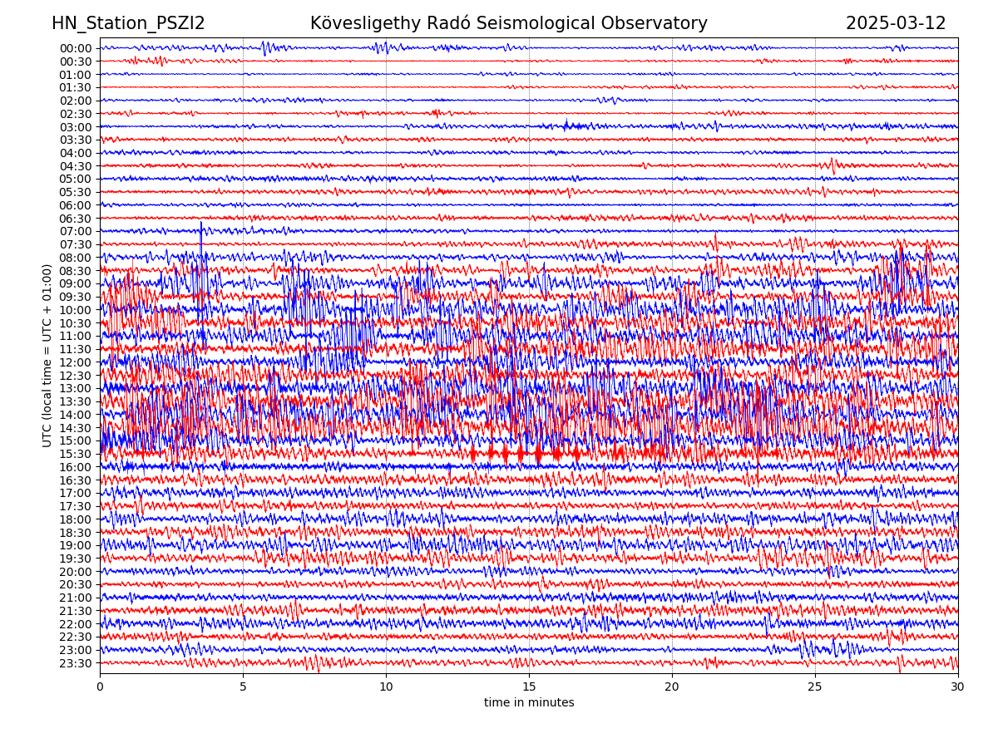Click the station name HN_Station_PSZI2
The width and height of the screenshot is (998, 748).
(x=128, y=23)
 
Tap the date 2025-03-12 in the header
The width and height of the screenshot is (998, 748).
(x=896, y=23)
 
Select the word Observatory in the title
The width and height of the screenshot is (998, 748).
(x=661, y=23)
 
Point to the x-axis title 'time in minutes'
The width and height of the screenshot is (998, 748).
(x=529, y=703)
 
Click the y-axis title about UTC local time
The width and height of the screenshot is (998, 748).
(x=47, y=356)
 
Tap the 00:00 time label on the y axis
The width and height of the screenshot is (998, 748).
(x=76, y=48)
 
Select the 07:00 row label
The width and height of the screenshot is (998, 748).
(x=76, y=231)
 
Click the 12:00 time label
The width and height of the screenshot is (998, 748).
(x=76, y=362)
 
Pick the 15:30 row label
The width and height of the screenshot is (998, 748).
(x=76, y=454)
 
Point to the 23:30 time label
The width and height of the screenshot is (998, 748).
(x=76, y=663)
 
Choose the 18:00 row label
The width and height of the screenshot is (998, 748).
(x=76, y=519)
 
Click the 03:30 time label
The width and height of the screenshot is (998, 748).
(x=76, y=140)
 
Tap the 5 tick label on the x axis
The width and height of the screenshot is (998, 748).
(x=243, y=687)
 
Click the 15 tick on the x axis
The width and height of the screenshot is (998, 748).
(x=529, y=687)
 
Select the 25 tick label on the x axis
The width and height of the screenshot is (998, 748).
(x=815, y=687)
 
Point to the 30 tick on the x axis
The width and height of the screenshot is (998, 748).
(x=958, y=687)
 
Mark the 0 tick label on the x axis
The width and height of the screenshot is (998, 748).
(x=100, y=687)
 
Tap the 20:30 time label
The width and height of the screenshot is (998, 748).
(x=76, y=584)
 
